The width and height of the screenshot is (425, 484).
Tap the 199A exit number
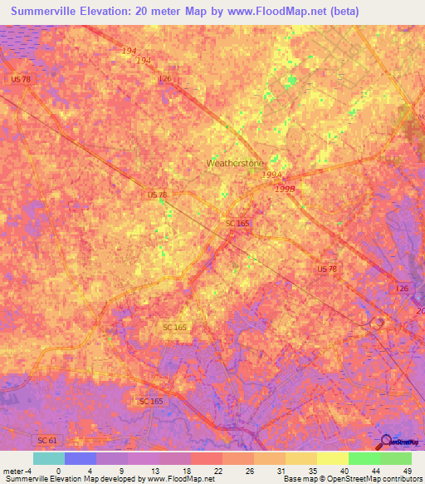click(271, 176)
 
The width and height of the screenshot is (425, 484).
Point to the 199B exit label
click(283, 189)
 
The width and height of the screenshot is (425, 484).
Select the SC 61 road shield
click(47, 438)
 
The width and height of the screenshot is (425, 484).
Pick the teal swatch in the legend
click(49, 458)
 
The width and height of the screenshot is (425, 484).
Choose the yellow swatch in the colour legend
click(332, 458)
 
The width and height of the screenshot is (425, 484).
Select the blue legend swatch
click(81, 458)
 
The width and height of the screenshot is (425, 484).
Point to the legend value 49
click(406, 470)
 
